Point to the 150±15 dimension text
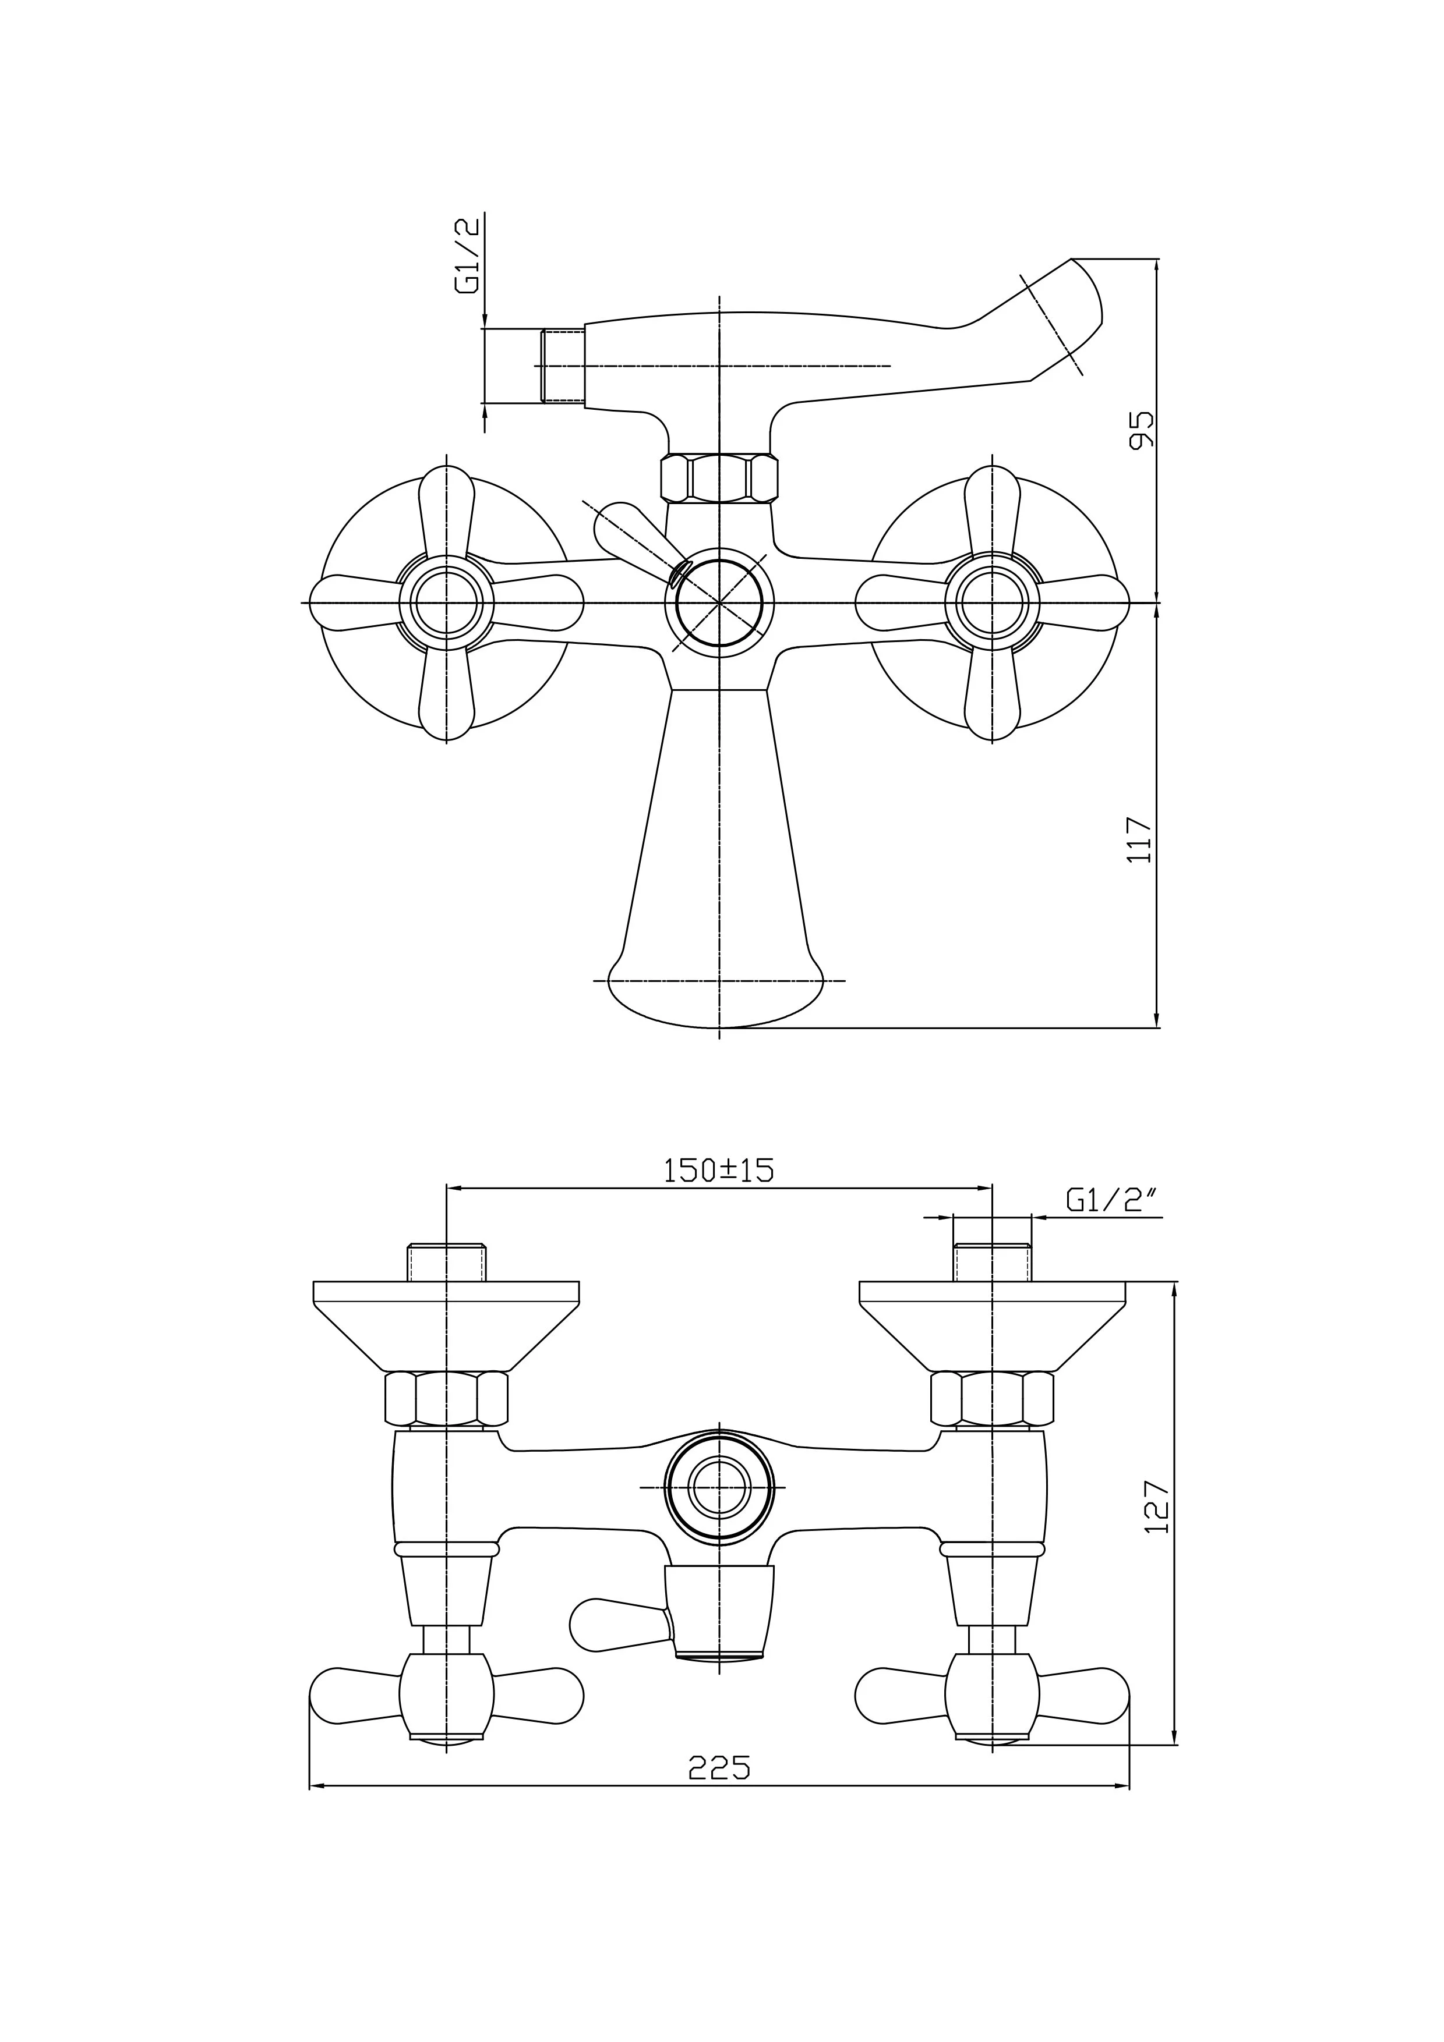pos(719,1171)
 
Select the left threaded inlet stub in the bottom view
pos(447,1262)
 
